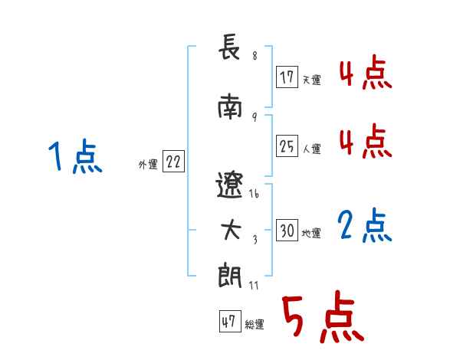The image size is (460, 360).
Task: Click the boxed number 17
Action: pyautogui.click(x=287, y=77)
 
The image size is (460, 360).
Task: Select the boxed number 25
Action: pyautogui.click(x=287, y=147)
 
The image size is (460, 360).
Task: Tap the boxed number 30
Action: pyautogui.click(x=287, y=231)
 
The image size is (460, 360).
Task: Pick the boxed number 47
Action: pyautogui.click(x=228, y=322)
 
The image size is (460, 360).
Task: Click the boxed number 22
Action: pyautogui.click(x=172, y=162)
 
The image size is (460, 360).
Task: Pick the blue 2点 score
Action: pyautogui.click(x=365, y=226)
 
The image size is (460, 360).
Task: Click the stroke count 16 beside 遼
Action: pyautogui.click(x=255, y=195)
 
